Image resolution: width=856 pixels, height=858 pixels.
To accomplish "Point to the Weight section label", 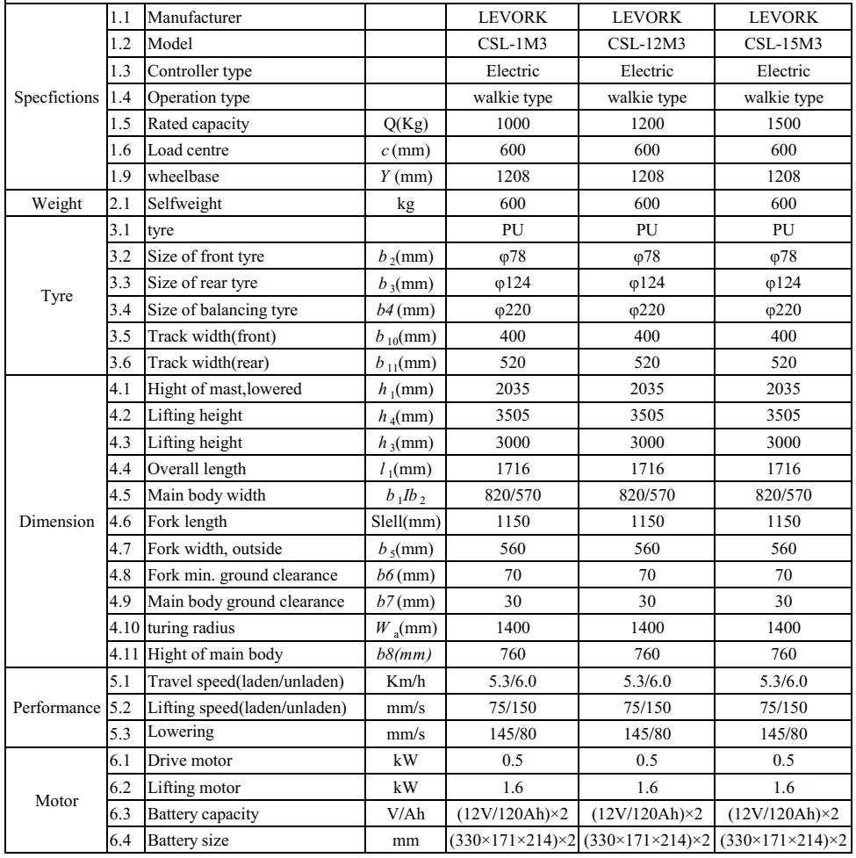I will tap(51, 206).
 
